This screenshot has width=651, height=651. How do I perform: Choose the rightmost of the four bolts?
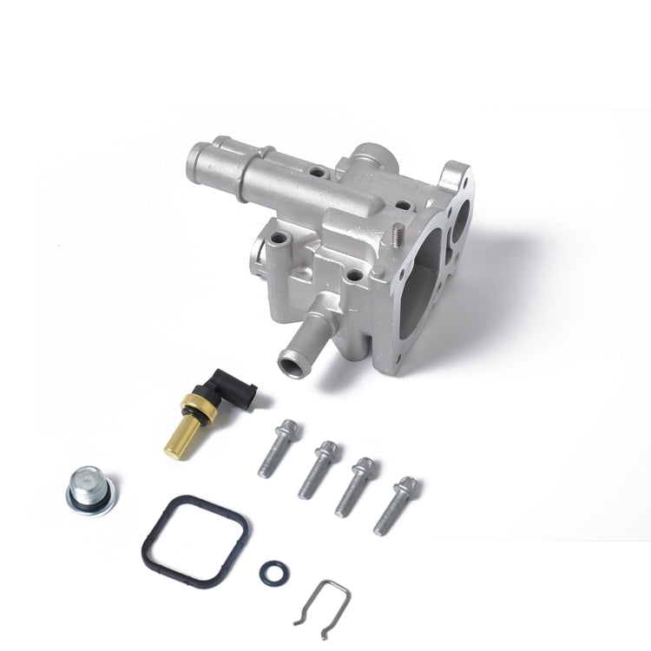[395, 505]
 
